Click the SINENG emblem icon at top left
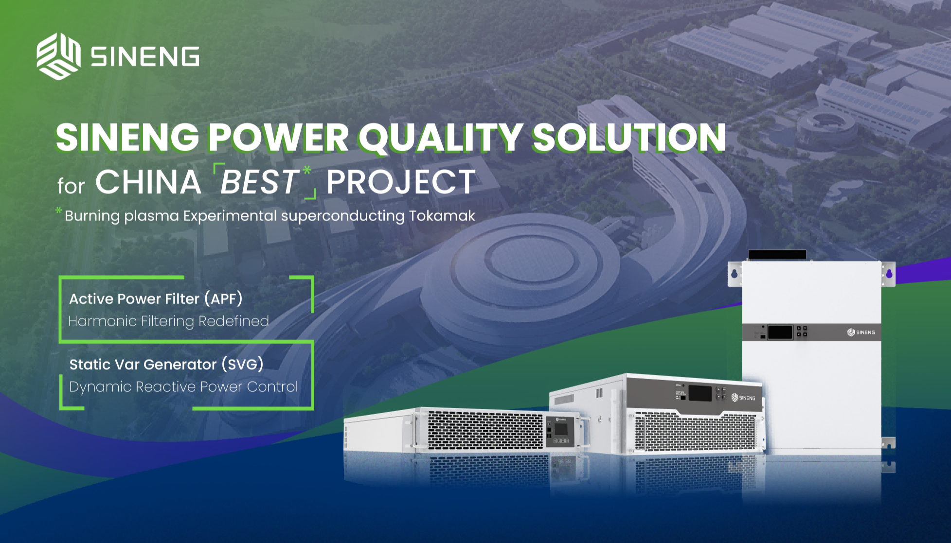(x=58, y=56)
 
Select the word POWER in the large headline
(x=278, y=137)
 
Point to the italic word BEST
(x=259, y=182)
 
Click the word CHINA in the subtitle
(x=148, y=182)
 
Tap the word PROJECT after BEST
(x=401, y=182)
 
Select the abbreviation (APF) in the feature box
(x=223, y=298)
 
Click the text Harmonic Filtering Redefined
(x=168, y=321)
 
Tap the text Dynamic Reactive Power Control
(x=183, y=386)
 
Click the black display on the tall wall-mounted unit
(x=780, y=333)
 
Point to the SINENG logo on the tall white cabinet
(x=861, y=333)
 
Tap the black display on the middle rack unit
(x=700, y=393)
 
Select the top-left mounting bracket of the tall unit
(x=735, y=274)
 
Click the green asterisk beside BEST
(x=307, y=171)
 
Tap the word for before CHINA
(x=71, y=186)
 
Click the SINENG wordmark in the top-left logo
(x=145, y=56)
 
